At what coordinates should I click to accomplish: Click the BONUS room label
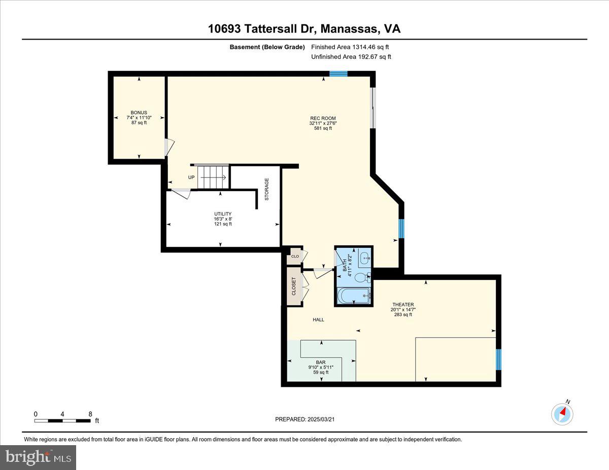139,113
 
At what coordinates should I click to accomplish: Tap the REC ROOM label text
323,119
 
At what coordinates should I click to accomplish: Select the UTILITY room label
223,214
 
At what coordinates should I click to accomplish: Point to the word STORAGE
266,189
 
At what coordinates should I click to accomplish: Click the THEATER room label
403,305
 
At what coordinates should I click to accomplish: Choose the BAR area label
321,363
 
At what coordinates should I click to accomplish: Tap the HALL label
318,320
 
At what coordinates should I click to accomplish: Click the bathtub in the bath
353,296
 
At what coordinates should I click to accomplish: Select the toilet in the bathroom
361,277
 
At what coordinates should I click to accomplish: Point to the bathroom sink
364,258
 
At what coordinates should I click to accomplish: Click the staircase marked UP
212,177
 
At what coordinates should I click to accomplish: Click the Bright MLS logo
38,457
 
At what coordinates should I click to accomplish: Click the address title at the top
304,29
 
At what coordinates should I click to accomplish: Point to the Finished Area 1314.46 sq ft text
350,47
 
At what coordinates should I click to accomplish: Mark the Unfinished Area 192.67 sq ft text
351,57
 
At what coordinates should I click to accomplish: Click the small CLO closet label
294,257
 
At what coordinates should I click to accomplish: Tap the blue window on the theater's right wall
498,358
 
